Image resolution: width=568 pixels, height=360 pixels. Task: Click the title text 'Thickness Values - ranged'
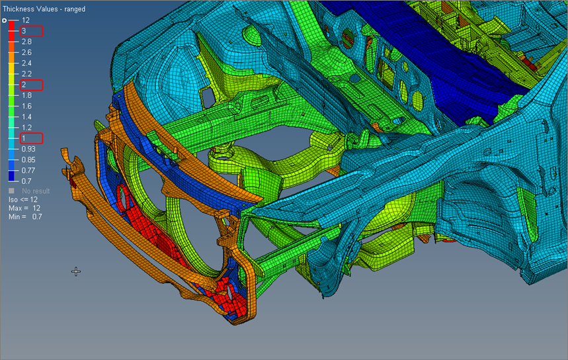point(44,9)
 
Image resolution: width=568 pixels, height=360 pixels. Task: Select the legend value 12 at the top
point(26,21)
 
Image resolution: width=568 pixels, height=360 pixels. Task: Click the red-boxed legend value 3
point(24,31)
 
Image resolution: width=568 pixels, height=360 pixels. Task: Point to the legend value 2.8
point(26,42)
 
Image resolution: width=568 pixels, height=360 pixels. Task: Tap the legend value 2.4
point(26,63)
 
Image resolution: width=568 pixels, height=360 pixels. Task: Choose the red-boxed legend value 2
point(24,85)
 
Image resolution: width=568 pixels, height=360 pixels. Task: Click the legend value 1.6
point(26,107)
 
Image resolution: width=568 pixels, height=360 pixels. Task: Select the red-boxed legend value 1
point(24,138)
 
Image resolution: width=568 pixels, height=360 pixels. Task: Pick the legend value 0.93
point(28,149)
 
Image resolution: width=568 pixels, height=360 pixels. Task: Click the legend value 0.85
point(28,160)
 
